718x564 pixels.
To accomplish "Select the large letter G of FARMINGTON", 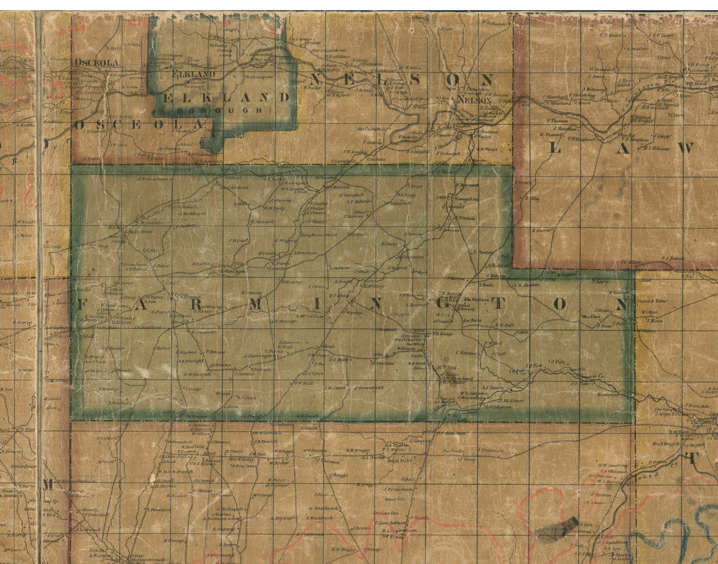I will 439,304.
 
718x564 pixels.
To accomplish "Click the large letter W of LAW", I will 683,148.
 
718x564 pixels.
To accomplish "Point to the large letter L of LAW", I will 555,148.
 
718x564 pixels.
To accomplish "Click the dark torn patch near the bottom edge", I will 556,529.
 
